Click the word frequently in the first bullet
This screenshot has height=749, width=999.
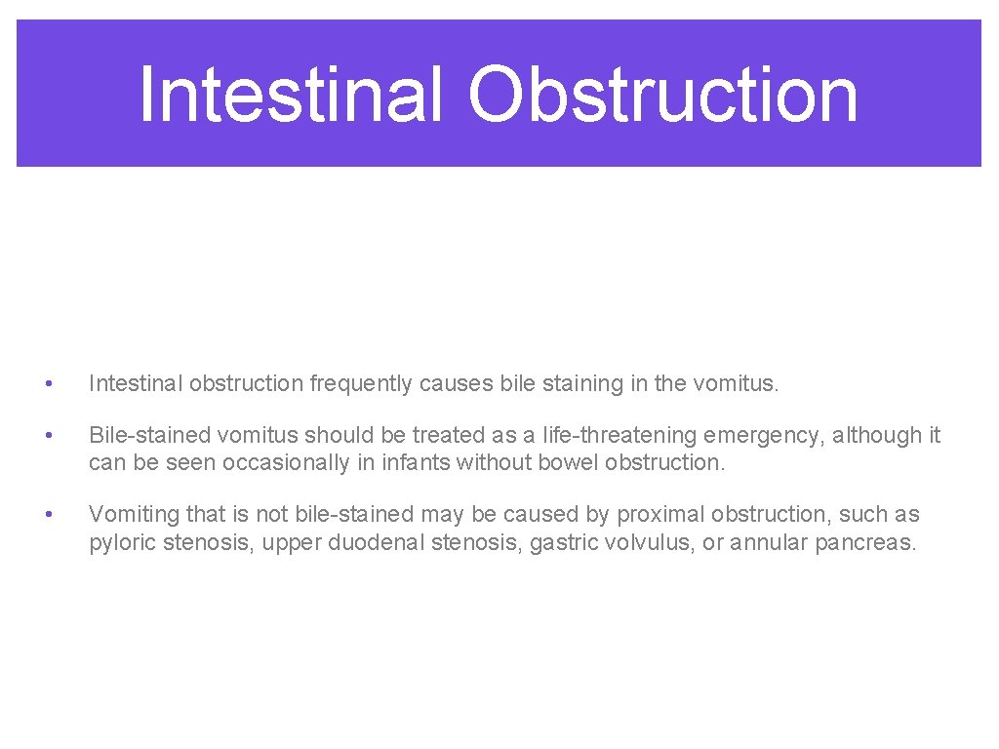pos(361,384)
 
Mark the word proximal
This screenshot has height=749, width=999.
pos(656,515)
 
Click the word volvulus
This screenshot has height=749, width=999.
pos(648,542)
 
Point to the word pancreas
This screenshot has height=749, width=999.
pos(863,542)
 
